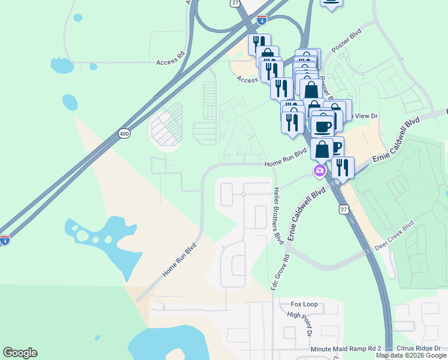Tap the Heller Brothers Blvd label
tap(277, 214)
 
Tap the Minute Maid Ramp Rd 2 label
tap(346, 349)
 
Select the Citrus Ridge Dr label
tap(421, 349)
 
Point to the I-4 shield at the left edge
tap(5, 240)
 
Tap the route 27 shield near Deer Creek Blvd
tap(343, 208)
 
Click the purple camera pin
tap(319, 172)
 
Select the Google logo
tap(20, 353)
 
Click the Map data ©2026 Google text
tap(411, 356)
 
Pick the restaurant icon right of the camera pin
tap(343, 167)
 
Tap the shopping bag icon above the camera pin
tap(322, 149)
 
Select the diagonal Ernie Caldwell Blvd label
tap(307, 214)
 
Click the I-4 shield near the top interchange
tap(262, 20)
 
